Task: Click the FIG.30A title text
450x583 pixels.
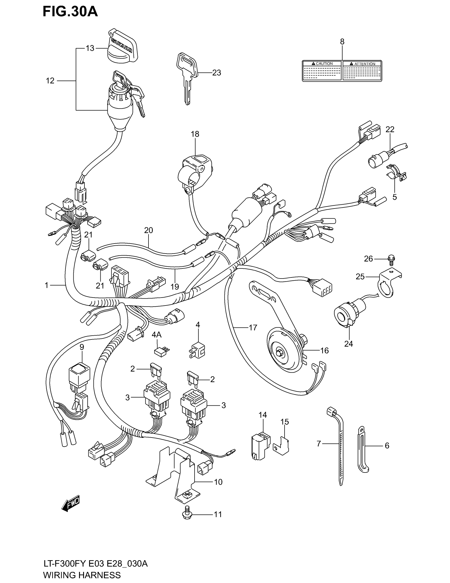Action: click(70, 11)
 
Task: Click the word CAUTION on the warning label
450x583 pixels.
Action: click(324, 64)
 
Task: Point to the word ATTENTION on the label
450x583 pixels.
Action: click(364, 64)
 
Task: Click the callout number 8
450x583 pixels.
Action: click(342, 42)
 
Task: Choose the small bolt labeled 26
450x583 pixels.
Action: click(391, 259)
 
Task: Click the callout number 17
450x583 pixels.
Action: click(253, 327)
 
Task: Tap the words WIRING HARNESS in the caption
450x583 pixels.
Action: click(82, 575)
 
